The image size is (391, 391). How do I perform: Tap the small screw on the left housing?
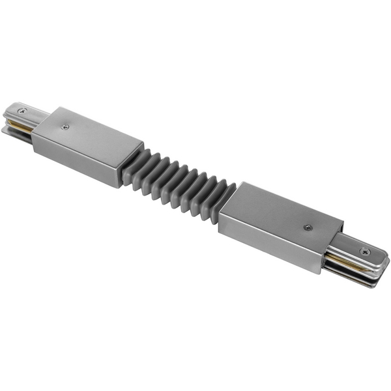65,127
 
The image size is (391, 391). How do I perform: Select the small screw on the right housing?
307,227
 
